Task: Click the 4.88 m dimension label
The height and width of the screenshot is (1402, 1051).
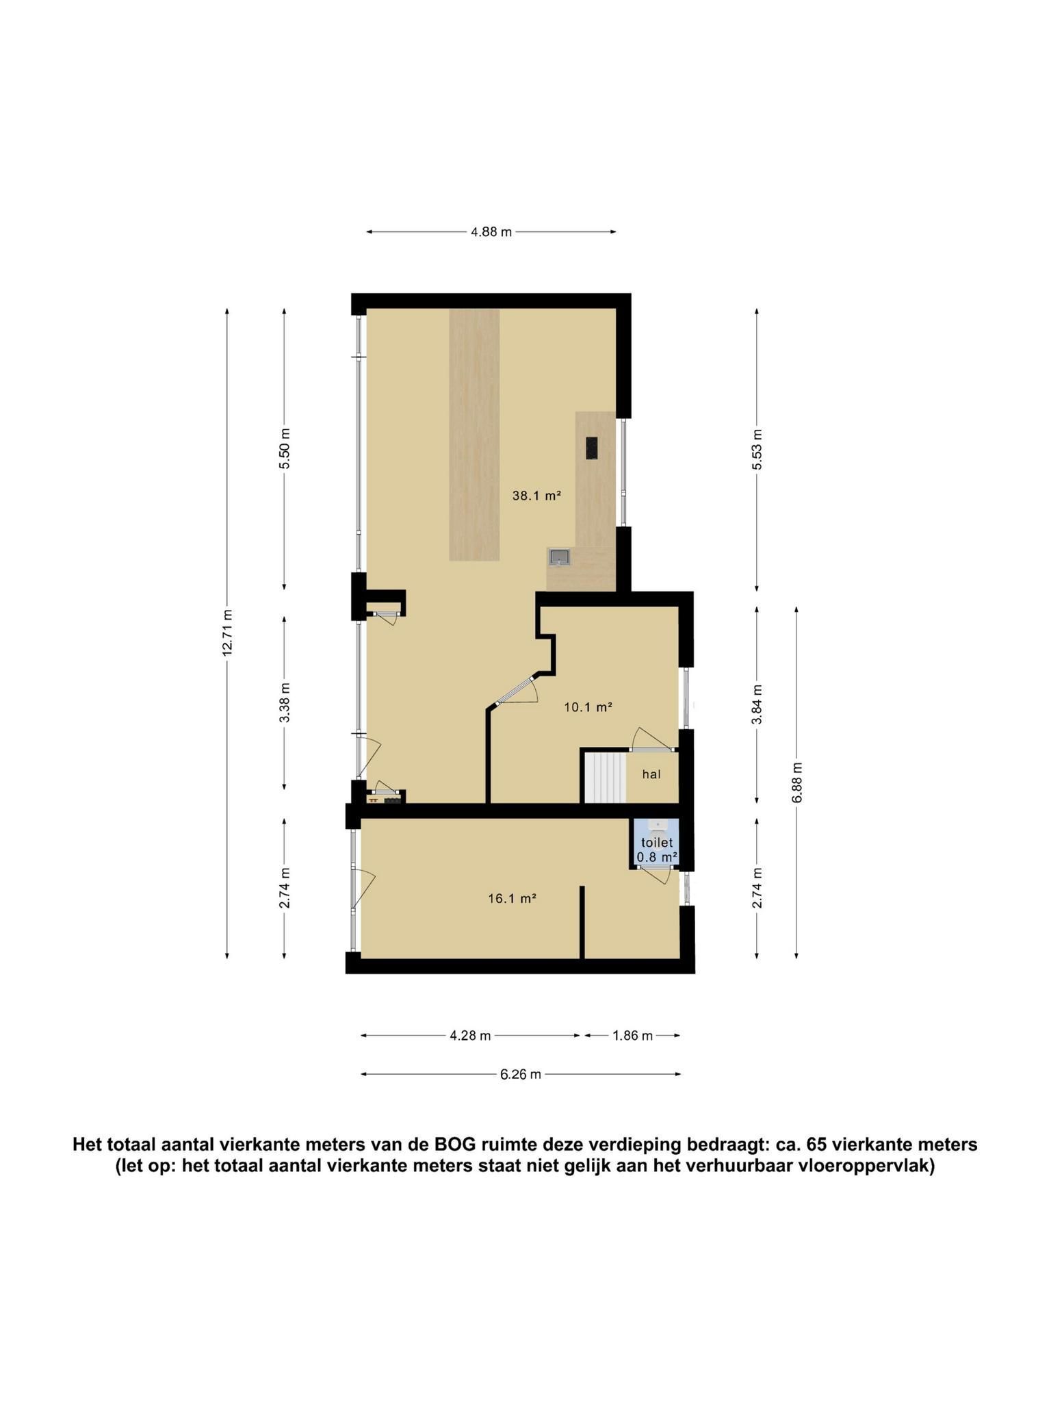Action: pyautogui.click(x=491, y=232)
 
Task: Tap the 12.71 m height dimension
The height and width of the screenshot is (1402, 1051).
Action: pyautogui.click(x=228, y=633)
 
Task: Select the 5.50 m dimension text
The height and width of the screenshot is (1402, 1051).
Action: pyautogui.click(x=285, y=448)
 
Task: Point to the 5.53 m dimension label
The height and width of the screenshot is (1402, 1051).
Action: pyautogui.click(x=757, y=449)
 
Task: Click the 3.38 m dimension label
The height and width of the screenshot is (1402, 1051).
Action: pyautogui.click(x=285, y=702)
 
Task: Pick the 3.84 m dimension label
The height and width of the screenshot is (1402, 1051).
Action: pyautogui.click(x=757, y=704)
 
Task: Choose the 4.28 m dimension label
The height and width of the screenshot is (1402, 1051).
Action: pyautogui.click(x=470, y=1036)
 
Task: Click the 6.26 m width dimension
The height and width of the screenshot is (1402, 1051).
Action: pyautogui.click(x=521, y=1074)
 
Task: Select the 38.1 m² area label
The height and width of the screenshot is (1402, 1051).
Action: pyautogui.click(x=536, y=496)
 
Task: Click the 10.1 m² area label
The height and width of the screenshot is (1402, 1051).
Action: pyautogui.click(x=588, y=707)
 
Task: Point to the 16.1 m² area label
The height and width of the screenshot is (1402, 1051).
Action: pyautogui.click(x=512, y=899)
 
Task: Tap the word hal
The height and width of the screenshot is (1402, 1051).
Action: pyautogui.click(x=651, y=774)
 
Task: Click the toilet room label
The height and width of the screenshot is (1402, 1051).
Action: pyautogui.click(x=657, y=843)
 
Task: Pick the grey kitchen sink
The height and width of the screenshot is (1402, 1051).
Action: pyautogui.click(x=559, y=557)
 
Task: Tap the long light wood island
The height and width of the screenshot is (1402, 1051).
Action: pyautogui.click(x=474, y=435)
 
